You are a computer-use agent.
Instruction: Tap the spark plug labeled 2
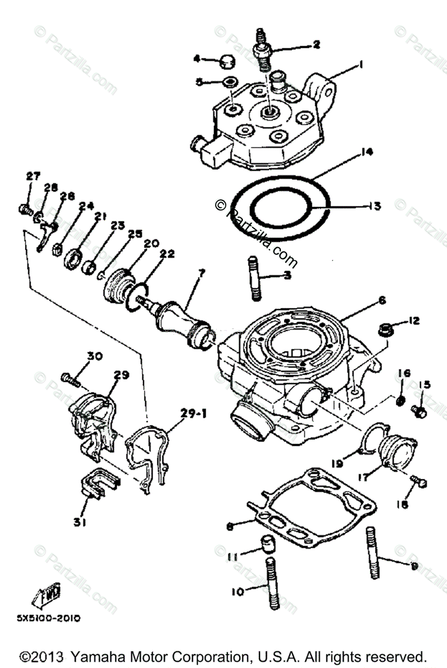(x=262, y=49)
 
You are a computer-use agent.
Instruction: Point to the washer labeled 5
(x=227, y=83)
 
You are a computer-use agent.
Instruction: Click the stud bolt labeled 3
(x=254, y=278)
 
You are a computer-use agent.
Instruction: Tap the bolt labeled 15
(x=418, y=410)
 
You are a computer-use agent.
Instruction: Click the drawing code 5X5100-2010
(x=49, y=618)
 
